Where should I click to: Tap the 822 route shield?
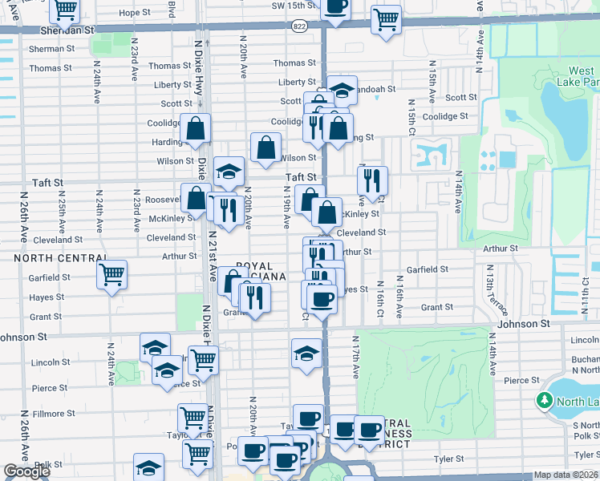pyautogui.click(x=298, y=26)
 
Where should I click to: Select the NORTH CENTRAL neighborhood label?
pyautogui.click(x=61, y=258)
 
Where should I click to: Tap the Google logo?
pyautogui.click(x=26, y=471)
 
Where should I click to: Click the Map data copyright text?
pyautogui.click(x=566, y=475)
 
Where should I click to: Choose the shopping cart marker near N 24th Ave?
pyautogui.click(x=111, y=275)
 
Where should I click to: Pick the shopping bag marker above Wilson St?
pyautogui.click(x=266, y=147)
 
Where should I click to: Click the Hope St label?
pyautogui.click(x=134, y=13)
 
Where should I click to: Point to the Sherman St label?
pyautogui.click(x=51, y=49)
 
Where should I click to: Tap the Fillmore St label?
pyautogui.click(x=54, y=414)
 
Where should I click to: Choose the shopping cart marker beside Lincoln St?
pyautogui.click(x=203, y=360)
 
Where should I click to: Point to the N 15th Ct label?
pyautogui.click(x=412, y=117)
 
